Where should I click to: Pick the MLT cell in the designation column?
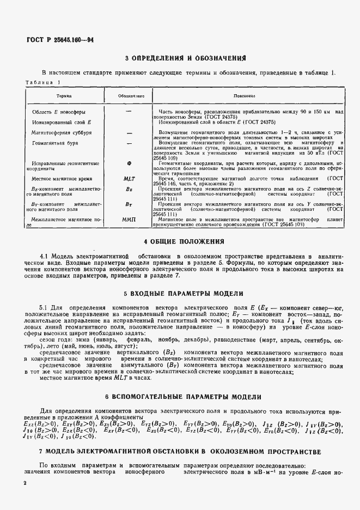[129, 178]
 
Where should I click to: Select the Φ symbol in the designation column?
[129, 163]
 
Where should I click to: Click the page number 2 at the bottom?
[25, 483]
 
